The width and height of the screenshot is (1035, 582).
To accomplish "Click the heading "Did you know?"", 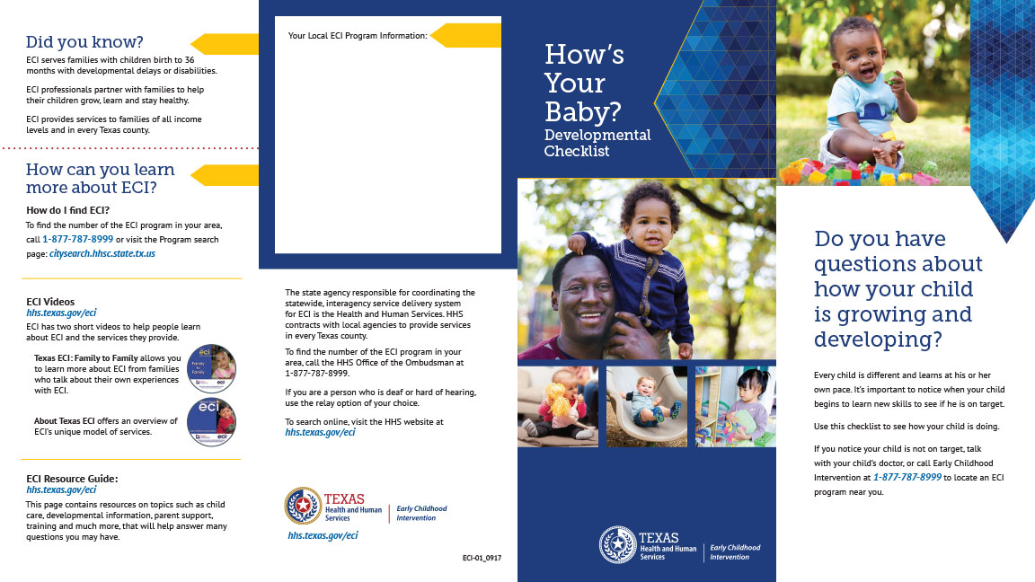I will tap(84, 42).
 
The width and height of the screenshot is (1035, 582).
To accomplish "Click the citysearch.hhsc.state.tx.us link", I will tap(102, 254).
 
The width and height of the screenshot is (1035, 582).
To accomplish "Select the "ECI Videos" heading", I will tap(50, 302).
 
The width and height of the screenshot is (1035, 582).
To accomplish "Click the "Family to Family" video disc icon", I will tap(211, 369).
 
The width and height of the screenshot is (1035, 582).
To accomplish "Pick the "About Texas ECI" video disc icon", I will tap(211, 422).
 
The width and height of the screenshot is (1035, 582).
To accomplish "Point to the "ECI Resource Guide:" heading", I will tap(72, 479).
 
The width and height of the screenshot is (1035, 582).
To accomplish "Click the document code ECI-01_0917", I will tap(482, 559).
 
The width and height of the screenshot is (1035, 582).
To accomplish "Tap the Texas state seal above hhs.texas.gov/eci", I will tap(303, 507).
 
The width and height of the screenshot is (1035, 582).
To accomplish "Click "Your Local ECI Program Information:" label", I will tap(358, 36).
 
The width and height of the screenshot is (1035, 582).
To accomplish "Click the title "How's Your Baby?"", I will tap(584, 83).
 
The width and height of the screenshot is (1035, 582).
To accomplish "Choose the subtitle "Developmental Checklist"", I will tap(597, 143).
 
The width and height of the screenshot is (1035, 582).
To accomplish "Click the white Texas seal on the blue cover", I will tap(617, 544).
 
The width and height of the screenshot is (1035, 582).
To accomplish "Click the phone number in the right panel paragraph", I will tap(907, 478).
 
